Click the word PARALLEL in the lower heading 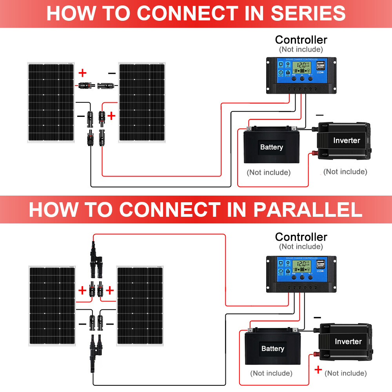click(307, 210)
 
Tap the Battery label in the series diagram click(271, 147)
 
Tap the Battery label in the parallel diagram click(272, 348)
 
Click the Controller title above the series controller click(301, 40)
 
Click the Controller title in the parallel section click(301, 237)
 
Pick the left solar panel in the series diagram click(51, 103)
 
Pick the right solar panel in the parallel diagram click(140, 306)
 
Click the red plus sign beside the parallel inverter click(318, 369)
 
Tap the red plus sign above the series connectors click(82, 73)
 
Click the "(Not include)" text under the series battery click(269, 172)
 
